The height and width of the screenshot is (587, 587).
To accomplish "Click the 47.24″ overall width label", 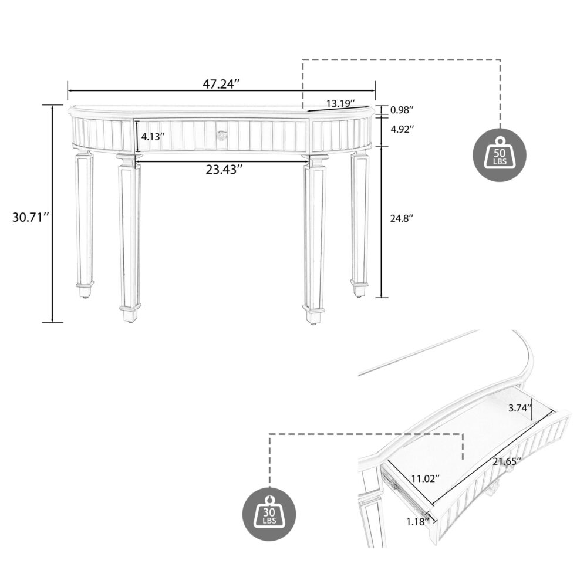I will click(x=222, y=84).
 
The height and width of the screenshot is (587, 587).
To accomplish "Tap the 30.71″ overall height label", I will click(x=29, y=217).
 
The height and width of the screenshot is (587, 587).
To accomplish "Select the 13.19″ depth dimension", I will click(x=341, y=104).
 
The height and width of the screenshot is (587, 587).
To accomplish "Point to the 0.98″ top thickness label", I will click(x=403, y=110).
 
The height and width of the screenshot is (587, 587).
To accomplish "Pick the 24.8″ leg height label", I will click(x=403, y=218).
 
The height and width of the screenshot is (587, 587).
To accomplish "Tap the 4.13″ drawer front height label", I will click(x=153, y=136).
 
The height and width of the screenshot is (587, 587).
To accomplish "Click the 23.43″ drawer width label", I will click(x=224, y=170).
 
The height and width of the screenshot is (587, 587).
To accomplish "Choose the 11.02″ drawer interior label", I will click(x=426, y=479).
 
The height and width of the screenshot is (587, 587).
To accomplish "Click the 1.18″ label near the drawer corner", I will click(x=415, y=521).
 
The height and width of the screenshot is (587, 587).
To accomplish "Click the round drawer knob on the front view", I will click(x=221, y=136).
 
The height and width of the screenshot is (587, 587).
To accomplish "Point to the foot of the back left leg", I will click(x=85, y=290).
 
